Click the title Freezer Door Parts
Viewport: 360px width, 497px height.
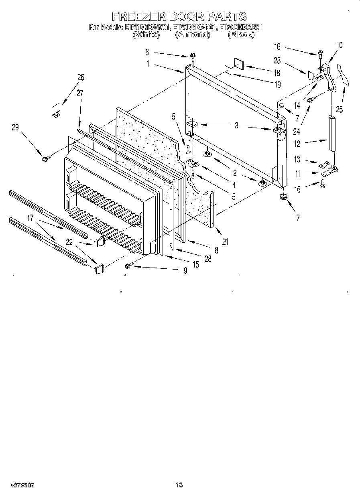[179, 16]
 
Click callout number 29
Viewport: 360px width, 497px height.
[15, 128]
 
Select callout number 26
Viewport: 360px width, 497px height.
[81, 77]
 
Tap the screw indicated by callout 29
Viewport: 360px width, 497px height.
[45, 159]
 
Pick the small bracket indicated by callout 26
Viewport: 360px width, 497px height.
[55, 110]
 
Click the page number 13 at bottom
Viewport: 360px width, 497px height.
[179, 485]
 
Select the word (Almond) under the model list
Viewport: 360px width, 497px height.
[193, 35]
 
